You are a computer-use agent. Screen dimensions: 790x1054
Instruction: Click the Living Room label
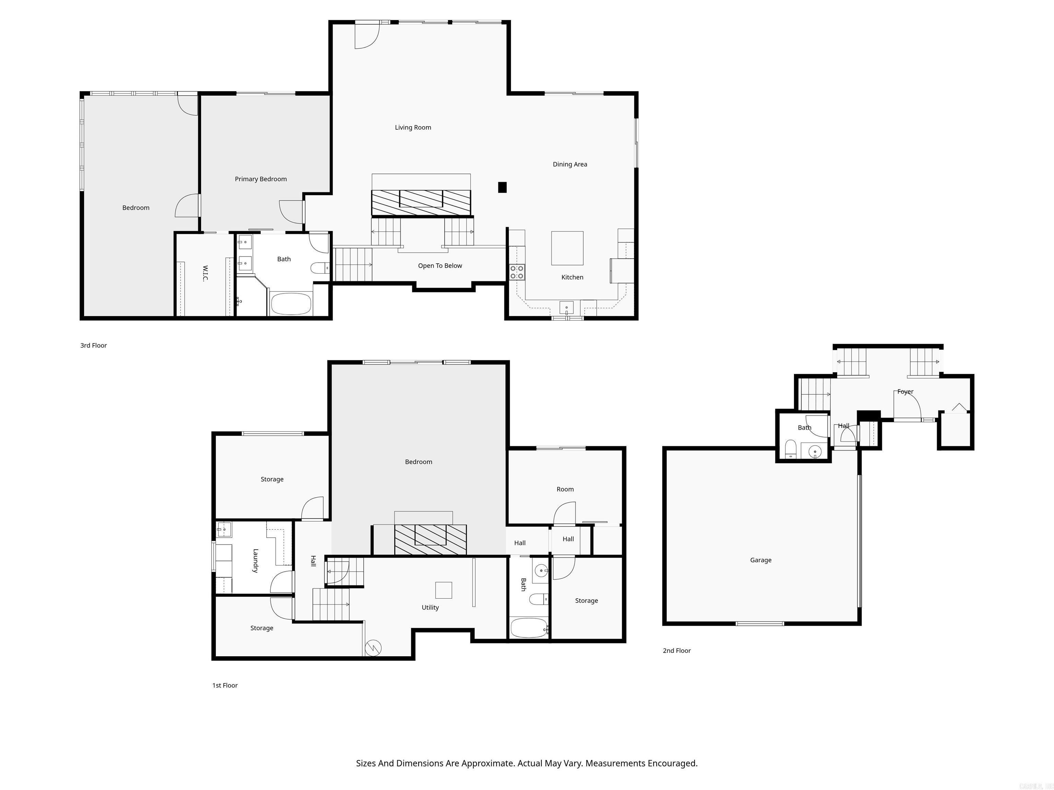coord(413,127)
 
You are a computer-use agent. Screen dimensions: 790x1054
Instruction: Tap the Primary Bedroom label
coord(261,179)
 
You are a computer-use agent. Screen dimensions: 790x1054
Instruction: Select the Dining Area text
coord(570,164)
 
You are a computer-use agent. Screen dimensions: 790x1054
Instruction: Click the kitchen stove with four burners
coord(517,272)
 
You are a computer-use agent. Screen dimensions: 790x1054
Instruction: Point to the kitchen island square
coord(567,248)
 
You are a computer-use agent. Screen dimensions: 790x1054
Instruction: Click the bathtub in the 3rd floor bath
coord(291,304)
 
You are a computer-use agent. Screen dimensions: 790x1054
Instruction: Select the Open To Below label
coord(440,266)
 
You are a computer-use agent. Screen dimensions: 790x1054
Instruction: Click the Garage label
coord(761,560)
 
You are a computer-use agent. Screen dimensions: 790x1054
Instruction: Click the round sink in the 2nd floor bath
coord(815,451)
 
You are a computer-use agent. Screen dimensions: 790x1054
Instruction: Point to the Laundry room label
coord(255,561)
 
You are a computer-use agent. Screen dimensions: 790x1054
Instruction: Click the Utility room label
coord(430,607)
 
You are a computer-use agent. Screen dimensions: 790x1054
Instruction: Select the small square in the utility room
coord(443,590)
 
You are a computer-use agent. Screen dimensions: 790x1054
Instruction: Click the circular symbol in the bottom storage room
coord(373,648)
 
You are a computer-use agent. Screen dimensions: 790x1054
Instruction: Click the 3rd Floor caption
coord(93,345)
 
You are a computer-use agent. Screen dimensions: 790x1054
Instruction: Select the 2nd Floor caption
coord(676,650)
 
